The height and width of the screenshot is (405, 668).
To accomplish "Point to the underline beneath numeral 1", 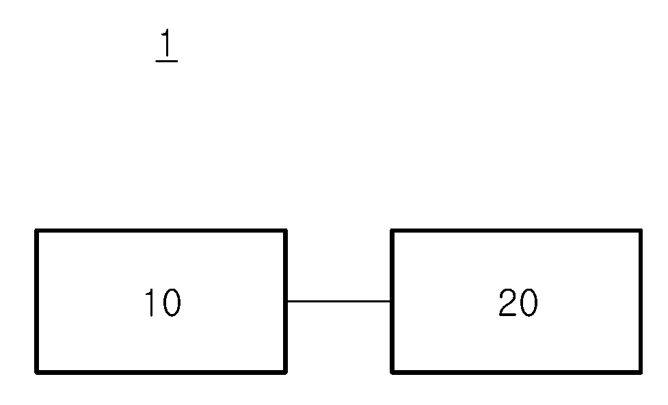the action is [167, 62].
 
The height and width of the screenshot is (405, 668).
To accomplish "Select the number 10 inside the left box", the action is [163, 302].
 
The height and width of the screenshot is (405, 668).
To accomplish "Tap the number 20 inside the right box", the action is [518, 302].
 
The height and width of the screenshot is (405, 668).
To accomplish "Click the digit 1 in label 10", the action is [150, 302].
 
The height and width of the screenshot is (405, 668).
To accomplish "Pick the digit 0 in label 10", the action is [172, 302].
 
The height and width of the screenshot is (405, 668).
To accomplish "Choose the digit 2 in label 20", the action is [507, 302].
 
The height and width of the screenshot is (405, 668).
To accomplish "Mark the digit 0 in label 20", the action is [529, 302].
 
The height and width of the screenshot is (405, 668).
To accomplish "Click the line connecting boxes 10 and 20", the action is [338, 302].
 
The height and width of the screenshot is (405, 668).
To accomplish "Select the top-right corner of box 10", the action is [285, 231].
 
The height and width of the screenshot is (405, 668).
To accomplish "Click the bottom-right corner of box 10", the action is [285, 373].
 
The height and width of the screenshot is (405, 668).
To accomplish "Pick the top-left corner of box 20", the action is [392, 231].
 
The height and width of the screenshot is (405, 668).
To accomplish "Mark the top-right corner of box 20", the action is [640, 231].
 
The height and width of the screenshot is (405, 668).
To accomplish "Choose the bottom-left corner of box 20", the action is [392, 373].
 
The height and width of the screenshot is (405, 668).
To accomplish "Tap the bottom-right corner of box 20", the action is [640, 373].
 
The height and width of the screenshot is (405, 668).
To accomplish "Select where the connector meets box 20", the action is [390, 302].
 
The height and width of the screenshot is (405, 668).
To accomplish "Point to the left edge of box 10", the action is [37, 302].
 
